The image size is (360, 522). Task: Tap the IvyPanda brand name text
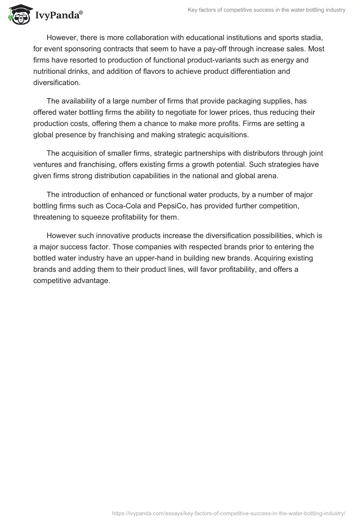pos(58,16)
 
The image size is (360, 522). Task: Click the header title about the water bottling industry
pos(266,10)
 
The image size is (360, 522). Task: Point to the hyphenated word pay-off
pos(213,49)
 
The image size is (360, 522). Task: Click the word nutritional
pos(54,71)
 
